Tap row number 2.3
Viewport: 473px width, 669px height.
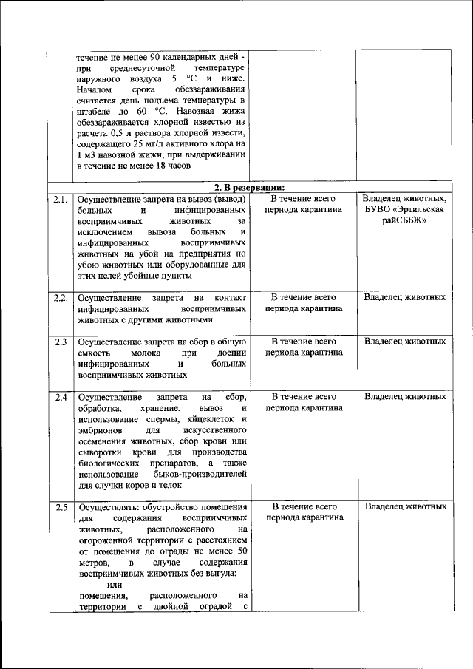click(x=60, y=342)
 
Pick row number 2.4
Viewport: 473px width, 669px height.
click(x=60, y=397)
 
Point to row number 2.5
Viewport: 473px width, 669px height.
click(x=60, y=507)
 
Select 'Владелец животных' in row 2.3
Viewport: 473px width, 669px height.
click(x=404, y=342)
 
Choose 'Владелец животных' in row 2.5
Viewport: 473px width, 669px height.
click(x=404, y=506)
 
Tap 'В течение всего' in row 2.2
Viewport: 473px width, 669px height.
click(x=304, y=297)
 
